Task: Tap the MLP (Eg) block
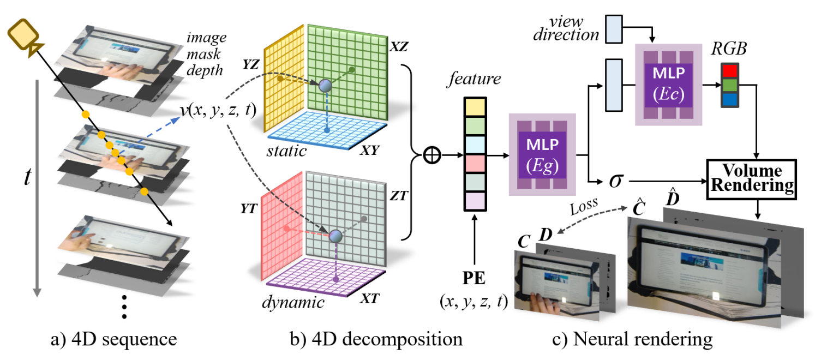(x=542, y=154)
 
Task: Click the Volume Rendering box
(x=751, y=177)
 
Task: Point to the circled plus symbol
(x=432, y=156)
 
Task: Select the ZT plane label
(x=399, y=196)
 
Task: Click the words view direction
(x=567, y=27)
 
